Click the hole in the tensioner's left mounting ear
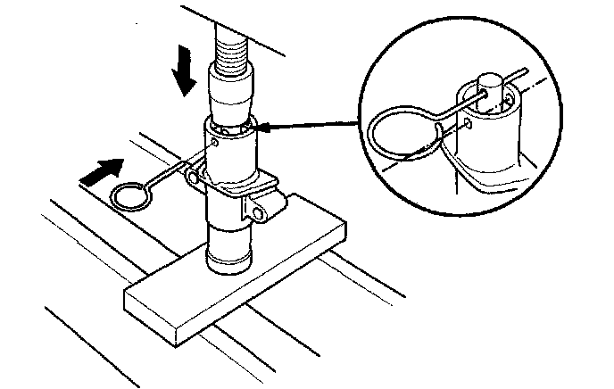[193, 178]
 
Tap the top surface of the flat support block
[268, 250]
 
